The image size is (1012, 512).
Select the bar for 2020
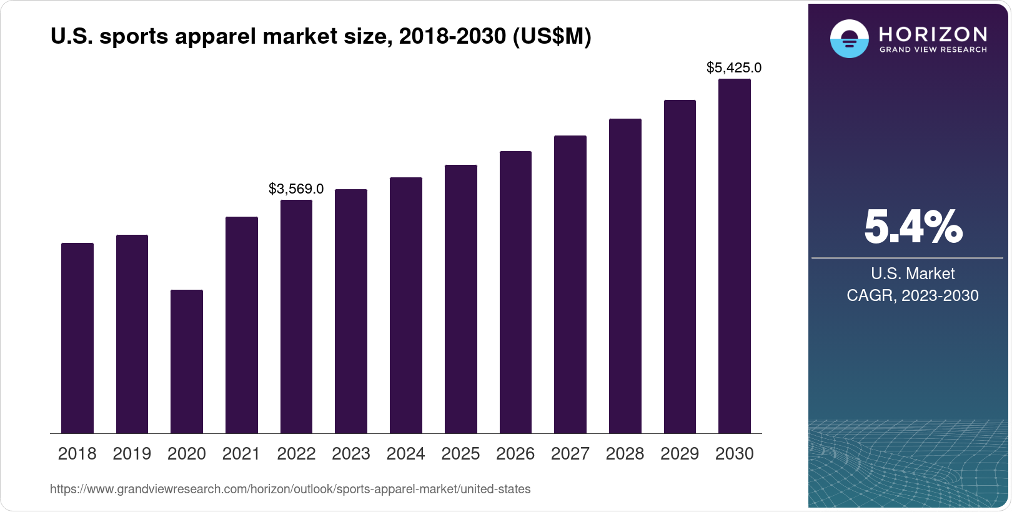pos(186,362)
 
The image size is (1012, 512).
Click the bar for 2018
pos(77,338)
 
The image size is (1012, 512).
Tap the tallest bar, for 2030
pos(734,256)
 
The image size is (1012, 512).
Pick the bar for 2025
pos(460,299)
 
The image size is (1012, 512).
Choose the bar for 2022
pos(296,317)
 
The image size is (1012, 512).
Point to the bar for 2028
pos(625,276)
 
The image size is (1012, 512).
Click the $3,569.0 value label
pos(296,189)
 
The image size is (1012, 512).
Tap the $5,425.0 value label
pos(733,67)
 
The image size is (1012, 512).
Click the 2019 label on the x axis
pos(132,454)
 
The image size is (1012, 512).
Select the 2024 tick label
pos(405,454)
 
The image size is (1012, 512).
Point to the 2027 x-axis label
pos(570,454)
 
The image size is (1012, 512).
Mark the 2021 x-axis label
pos(241,454)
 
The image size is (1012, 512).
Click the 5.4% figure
pos(913,227)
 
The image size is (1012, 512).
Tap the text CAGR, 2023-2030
pos(912,295)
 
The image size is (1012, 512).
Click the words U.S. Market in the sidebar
pos(912,273)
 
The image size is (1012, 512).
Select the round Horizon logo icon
pos(849,39)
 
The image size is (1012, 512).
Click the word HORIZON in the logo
pos(933,34)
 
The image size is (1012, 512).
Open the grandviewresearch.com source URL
pos(290,490)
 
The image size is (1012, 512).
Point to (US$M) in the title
pos(551,37)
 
